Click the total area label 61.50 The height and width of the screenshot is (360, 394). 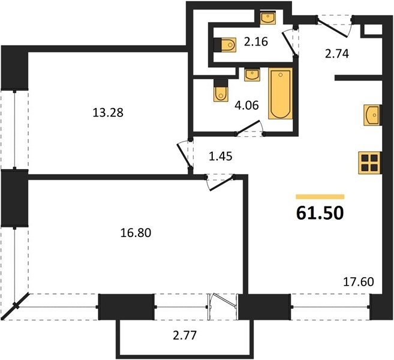pyautogui.click(x=320, y=213)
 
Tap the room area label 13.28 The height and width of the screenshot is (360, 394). pyautogui.click(x=108, y=113)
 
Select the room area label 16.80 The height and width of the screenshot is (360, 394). pyautogui.click(x=136, y=233)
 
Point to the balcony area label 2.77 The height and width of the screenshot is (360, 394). pyautogui.click(x=185, y=335)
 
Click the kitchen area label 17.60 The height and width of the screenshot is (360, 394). pyautogui.click(x=359, y=282)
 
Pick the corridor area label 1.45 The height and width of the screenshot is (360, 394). pyautogui.click(x=220, y=157)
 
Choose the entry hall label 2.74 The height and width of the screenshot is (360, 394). pyautogui.click(x=337, y=54)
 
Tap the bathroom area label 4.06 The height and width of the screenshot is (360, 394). pyautogui.click(x=246, y=106)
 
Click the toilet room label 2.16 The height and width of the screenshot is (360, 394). pyautogui.click(x=256, y=42)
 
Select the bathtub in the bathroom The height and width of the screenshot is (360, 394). pyautogui.click(x=281, y=94)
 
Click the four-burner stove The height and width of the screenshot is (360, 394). pyautogui.click(x=370, y=163)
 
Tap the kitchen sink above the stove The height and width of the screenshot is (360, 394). pyautogui.click(x=372, y=115)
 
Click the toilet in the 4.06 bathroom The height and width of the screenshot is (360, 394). pyautogui.click(x=221, y=91)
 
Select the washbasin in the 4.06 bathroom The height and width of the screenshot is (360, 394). pyautogui.click(x=252, y=74)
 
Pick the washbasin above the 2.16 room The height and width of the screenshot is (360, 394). pyautogui.click(x=268, y=17)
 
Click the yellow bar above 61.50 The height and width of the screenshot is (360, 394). pyautogui.click(x=320, y=197)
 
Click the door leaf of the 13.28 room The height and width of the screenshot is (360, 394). pyautogui.click(x=185, y=156)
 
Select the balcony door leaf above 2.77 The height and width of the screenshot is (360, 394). pyautogui.click(x=224, y=300)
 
